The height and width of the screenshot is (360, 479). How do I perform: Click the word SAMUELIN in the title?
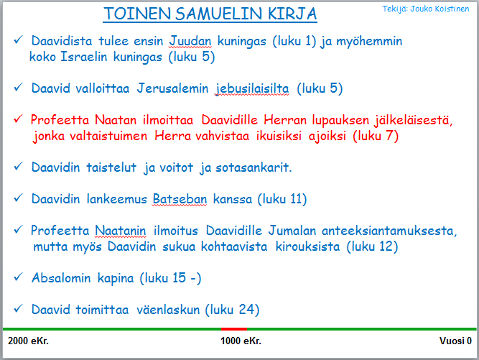point(219,14)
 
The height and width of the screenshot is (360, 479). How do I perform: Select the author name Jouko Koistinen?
point(440,9)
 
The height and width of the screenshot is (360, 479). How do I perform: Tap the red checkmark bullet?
point(19,119)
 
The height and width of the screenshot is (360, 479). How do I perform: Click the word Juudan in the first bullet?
point(190,41)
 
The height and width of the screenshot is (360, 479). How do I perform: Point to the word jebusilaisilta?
point(252,88)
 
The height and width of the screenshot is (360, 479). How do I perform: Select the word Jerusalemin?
point(172,88)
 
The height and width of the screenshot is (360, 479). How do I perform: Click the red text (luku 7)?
point(376,136)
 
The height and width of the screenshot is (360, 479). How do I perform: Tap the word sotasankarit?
point(254,167)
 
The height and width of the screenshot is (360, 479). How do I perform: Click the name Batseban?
point(180,199)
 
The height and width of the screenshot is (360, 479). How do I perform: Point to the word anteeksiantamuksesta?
point(389,231)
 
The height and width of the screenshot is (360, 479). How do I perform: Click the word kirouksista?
point(307,246)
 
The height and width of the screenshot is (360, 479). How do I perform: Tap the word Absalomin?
point(62,278)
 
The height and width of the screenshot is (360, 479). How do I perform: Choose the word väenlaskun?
point(168,310)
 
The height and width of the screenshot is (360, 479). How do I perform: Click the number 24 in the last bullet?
point(247,310)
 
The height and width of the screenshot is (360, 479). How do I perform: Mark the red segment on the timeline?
point(234,329)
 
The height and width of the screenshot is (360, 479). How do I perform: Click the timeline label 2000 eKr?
point(28,341)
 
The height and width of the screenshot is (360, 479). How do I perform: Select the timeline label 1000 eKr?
point(241,341)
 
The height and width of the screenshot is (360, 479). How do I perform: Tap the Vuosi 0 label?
point(455,341)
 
